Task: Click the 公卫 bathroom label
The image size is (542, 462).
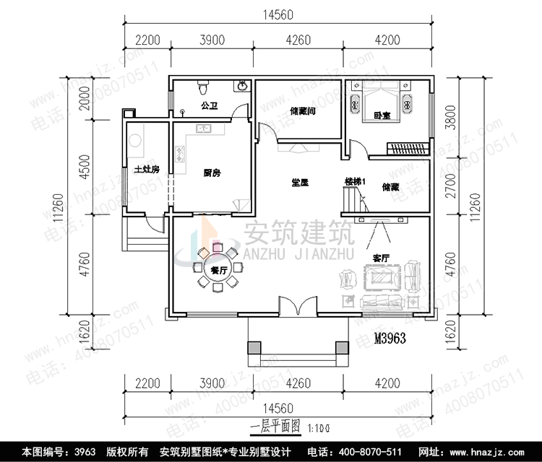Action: (x=210, y=105)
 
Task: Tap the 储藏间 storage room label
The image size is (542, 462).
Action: (x=300, y=111)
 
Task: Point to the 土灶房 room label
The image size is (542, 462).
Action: (x=147, y=170)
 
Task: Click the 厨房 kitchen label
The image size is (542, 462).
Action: (x=212, y=173)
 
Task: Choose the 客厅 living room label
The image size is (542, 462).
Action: (x=381, y=257)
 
